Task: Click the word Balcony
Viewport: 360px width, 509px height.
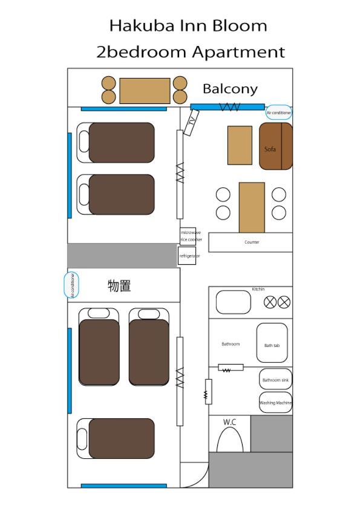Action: tap(230, 89)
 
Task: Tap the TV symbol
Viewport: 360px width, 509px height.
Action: tap(191, 122)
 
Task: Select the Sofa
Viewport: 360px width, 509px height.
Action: tap(276, 146)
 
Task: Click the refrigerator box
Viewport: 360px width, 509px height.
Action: tap(187, 256)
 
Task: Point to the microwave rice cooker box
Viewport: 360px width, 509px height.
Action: tap(188, 236)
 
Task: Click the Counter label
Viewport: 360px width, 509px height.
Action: tap(252, 242)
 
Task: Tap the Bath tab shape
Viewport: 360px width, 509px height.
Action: tap(272, 343)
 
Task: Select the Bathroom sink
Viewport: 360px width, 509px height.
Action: tap(275, 379)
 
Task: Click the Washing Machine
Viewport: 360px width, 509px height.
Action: tap(275, 402)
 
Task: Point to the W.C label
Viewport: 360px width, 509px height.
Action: tap(229, 422)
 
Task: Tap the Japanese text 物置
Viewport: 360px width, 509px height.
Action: tap(119, 286)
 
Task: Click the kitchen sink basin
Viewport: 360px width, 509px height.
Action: tap(234, 302)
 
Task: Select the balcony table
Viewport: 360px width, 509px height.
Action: tap(145, 91)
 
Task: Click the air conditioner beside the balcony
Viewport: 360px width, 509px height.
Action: tap(278, 112)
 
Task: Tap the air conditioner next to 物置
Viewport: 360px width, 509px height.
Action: tap(71, 285)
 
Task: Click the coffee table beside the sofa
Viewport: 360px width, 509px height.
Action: tap(240, 145)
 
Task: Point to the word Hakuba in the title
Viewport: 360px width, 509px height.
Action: tap(142, 26)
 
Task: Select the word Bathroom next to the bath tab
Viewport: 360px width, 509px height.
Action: tap(231, 344)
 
